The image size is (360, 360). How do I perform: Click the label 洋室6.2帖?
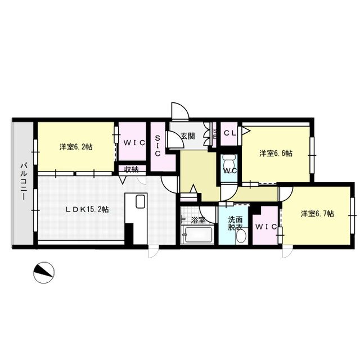coord(76,147)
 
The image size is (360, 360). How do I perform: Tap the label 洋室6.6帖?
coord(274,153)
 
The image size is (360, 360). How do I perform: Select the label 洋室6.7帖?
coord(317,214)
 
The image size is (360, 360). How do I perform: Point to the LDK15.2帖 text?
coord(87,209)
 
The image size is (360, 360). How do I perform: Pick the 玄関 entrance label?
coord(188,136)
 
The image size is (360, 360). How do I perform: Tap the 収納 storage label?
coord(131,169)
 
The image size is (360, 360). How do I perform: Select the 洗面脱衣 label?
coord(235,224)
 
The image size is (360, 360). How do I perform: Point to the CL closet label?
coord(229,133)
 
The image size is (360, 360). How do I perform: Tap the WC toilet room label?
coord(229,170)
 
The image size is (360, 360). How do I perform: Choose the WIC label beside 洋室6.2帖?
coord(134,142)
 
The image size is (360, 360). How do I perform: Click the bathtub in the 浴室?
coord(196,235)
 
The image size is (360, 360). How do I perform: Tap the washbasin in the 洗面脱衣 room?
coord(242,237)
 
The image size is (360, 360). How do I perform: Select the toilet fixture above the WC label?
coord(229,158)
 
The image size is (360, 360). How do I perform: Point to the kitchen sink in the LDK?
coord(141,201)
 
